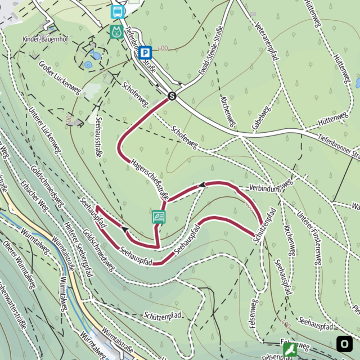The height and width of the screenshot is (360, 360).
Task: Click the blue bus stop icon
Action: [118, 11]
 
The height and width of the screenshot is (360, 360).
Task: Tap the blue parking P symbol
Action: [145, 53]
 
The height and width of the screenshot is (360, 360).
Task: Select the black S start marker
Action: [172, 96]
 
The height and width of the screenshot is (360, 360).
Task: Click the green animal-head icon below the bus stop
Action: [117, 31]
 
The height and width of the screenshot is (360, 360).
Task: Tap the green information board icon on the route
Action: [159, 217]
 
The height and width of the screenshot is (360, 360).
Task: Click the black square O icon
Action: [344, 343]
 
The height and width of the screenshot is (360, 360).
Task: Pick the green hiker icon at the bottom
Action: [290, 350]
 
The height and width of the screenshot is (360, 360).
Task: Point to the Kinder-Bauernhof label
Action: [45, 39]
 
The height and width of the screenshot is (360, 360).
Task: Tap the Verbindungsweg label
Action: [271, 186]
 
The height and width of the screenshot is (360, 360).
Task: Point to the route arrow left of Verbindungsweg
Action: [201, 184]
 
